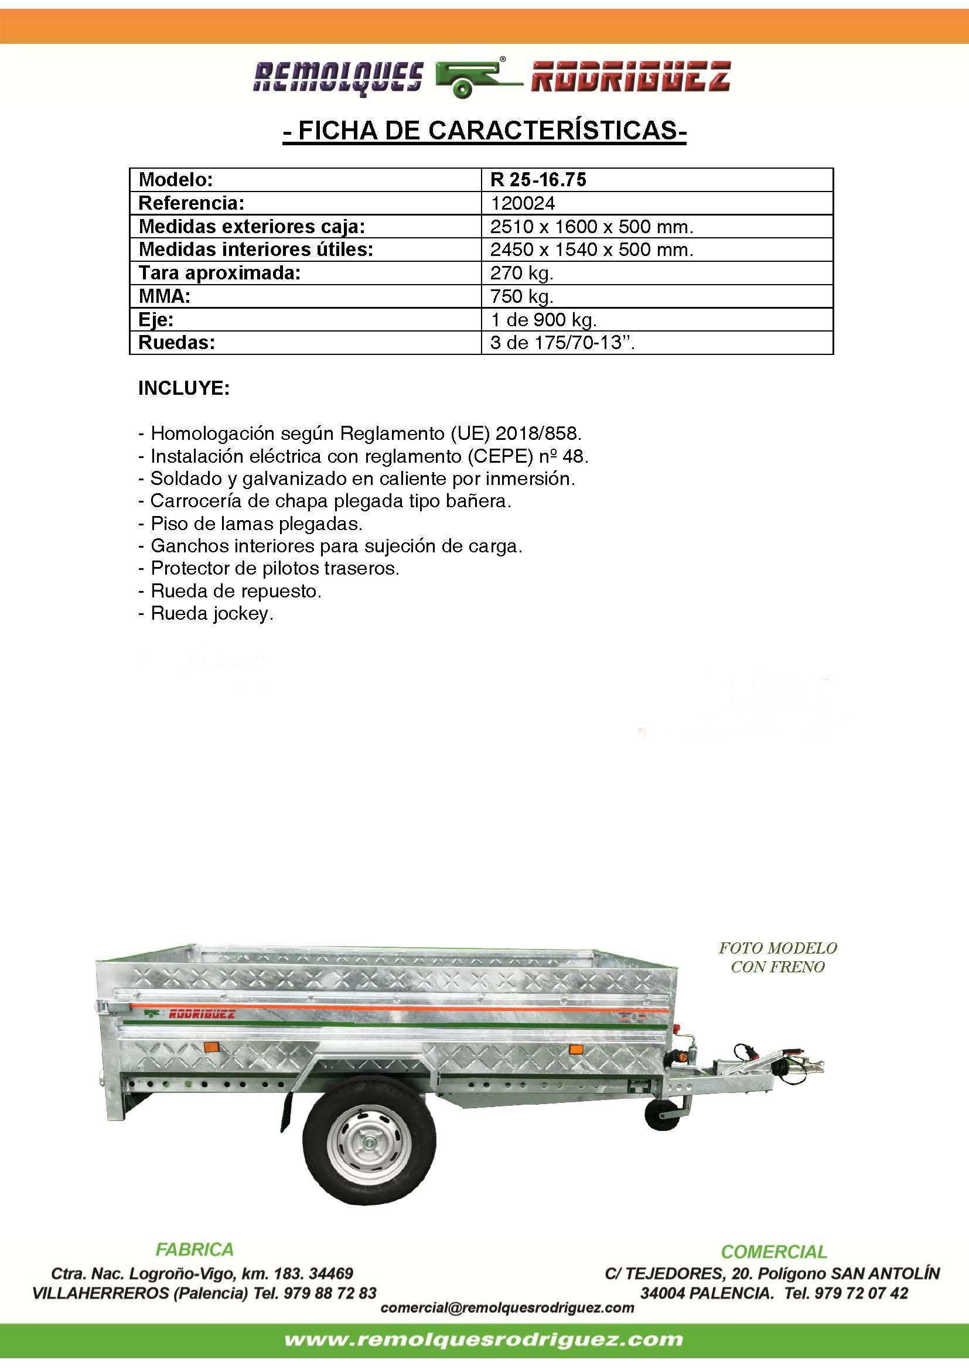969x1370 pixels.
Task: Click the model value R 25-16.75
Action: click(538, 180)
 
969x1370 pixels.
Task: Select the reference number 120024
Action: click(523, 203)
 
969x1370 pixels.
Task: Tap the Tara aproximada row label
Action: click(220, 274)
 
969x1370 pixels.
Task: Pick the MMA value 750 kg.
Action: click(522, 296)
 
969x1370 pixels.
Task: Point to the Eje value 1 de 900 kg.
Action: click(543, 320)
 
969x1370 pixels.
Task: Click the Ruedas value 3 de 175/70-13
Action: click(562, 343)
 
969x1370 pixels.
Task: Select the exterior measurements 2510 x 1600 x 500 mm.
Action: click(592, 227)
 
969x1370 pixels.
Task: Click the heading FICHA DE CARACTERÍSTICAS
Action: click(485, 131)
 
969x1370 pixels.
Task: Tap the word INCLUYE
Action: click(184, 388)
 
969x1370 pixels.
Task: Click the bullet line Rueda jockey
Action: click(206, 613)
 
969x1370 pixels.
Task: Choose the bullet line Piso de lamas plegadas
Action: click(251, 524)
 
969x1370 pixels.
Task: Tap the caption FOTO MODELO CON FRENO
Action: click(777, 957)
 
